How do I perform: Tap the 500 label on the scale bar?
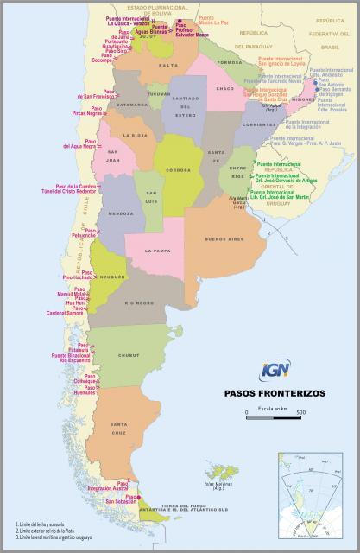300,413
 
